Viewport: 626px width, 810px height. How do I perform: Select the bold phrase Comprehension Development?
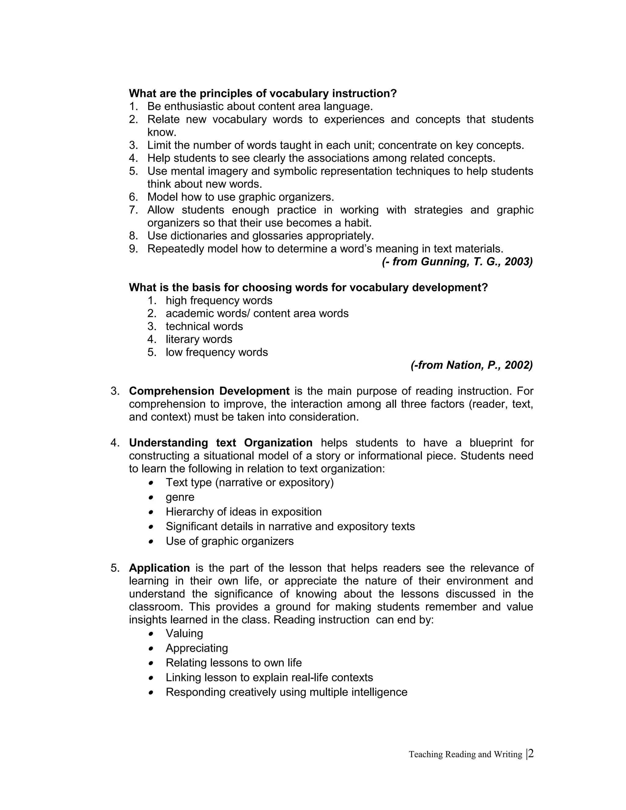tap(209, 391)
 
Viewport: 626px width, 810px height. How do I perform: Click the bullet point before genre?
tap(151, 497)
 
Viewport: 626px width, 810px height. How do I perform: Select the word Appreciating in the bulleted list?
tap(197, 648)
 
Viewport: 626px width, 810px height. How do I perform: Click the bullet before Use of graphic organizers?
tap(151, 542)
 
